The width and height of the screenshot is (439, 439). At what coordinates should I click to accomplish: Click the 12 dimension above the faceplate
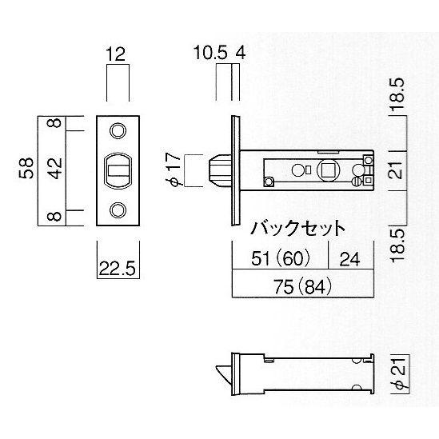(115, 54)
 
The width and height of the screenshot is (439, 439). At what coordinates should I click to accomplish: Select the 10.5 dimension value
(210, 52)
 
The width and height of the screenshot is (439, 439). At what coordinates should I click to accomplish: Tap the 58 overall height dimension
(26, 168)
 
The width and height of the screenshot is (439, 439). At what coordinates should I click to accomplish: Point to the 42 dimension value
(54, 168)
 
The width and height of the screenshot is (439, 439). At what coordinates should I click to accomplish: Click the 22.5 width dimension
(118, 268)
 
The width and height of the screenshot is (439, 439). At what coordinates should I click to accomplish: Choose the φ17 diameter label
(174, 169)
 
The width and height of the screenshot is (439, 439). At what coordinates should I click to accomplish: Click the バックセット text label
(297, 228)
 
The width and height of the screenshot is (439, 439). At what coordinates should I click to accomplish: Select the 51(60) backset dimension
(281, 258)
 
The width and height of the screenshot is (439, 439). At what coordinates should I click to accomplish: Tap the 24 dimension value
(349, 259)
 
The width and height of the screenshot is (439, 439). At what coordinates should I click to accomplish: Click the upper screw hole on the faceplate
(118, 131)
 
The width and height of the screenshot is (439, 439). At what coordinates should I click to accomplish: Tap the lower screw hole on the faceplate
(118, 210)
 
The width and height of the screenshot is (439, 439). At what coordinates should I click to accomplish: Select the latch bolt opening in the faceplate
(118, 170)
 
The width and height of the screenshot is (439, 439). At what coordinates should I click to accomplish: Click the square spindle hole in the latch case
(328, 170)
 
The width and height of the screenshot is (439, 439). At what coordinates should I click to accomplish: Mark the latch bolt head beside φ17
(220, 170)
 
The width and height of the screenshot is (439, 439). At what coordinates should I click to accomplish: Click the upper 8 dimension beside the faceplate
(54, 123)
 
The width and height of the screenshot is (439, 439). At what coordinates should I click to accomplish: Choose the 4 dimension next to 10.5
(241, 53)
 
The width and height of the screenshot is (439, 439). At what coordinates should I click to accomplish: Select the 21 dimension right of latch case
(397, 170)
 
